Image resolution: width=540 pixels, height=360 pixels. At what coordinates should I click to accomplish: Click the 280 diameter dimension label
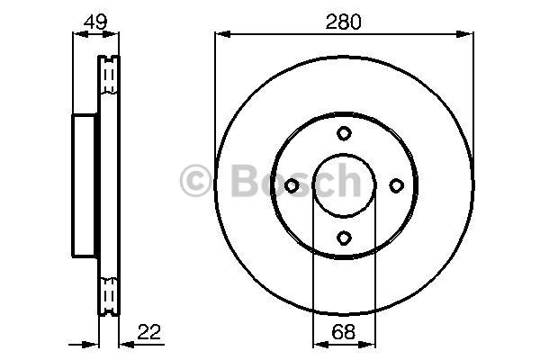[344, 21]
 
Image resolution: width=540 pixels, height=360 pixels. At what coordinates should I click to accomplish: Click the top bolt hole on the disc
[344, 133]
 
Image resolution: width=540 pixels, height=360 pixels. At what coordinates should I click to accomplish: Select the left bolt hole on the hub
[292, 185]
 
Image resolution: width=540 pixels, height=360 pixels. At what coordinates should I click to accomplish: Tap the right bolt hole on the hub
[395, 185]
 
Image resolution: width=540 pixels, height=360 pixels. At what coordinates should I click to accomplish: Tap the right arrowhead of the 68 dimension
[370, 344]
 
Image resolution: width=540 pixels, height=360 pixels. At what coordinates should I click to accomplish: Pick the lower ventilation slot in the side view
[108, 294]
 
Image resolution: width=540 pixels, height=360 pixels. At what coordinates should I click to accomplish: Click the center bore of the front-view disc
[344, 185]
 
